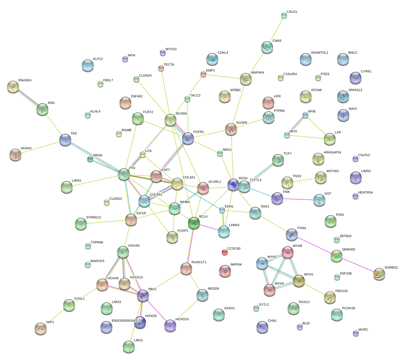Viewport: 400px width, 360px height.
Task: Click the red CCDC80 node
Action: [x=225, y=252]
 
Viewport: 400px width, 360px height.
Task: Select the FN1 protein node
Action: [x=124, y=174]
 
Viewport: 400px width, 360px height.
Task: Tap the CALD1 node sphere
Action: [x=284, y=15]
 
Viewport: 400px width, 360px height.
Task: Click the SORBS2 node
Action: [x=379, y=274]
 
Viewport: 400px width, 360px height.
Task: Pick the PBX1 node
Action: [x=143, y=296]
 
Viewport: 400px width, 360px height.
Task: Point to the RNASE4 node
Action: [x=13, y=86]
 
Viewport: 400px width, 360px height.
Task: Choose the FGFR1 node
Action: [x=188, y=138]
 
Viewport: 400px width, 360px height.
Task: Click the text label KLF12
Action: [x=98, y=59]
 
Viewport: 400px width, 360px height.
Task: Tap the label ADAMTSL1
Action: [x=319, y=53]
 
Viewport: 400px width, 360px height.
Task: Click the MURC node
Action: [x=356, y=333]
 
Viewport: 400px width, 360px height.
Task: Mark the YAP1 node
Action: [x=41, y=328]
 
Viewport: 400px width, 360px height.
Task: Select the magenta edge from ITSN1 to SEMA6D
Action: [x=314, y=244]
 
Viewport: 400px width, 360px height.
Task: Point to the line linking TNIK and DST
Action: [x=298, y=199]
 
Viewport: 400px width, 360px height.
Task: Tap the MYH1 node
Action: [x=299, y=281]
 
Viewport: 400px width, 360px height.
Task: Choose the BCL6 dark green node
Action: [x=194, y=223]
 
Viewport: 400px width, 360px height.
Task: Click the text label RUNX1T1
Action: [x=199, y=262]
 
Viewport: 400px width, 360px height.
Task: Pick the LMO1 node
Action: [x=129, y=346]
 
